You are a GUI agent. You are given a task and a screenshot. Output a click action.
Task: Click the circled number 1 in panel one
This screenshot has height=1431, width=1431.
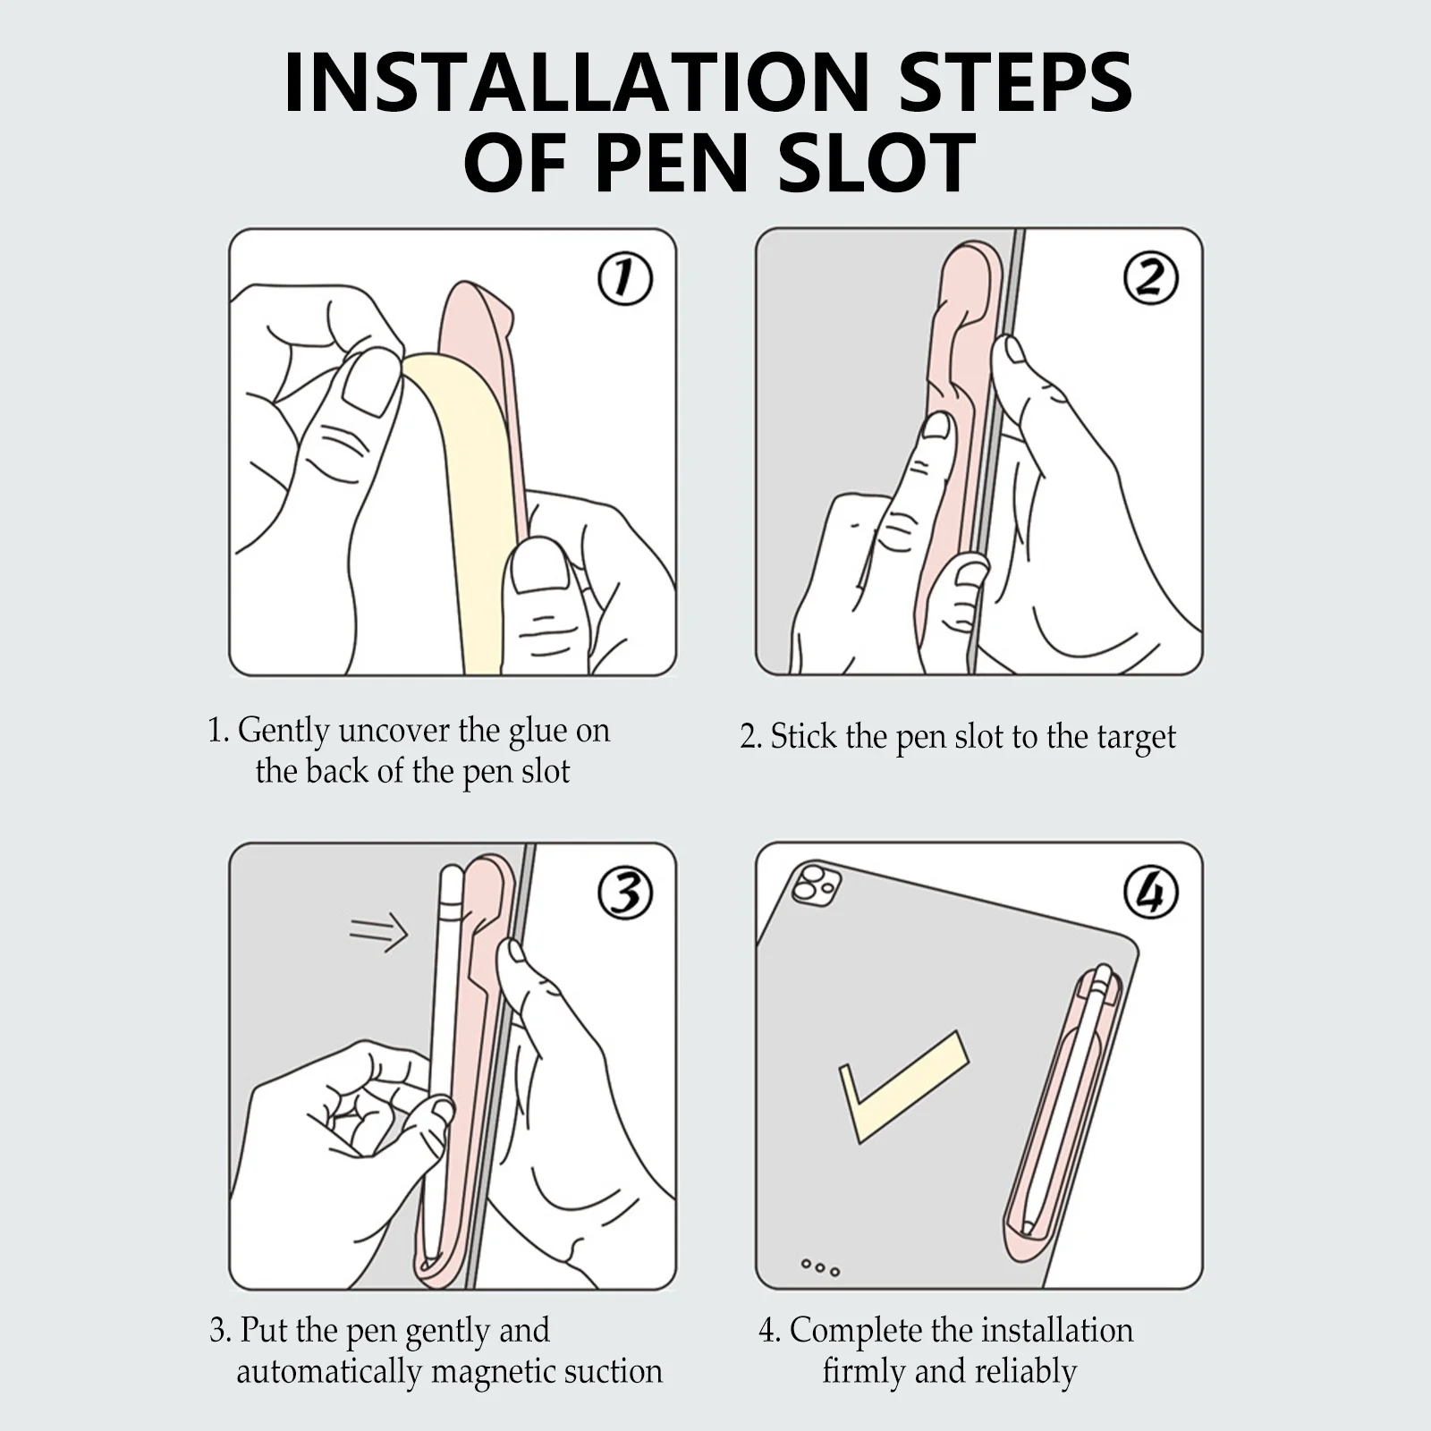click(625, 279)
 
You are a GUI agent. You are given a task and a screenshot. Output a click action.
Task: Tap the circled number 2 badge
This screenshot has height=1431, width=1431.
click(1151, 279)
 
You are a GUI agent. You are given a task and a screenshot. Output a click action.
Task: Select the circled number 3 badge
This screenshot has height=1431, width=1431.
click(625, 893)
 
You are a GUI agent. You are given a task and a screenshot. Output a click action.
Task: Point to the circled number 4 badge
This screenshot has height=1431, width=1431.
click(1151, 893)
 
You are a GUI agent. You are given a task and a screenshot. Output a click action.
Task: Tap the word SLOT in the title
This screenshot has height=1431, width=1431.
click(876, 162)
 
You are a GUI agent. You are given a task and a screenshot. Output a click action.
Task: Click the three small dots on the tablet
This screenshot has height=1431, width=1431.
click(820, 1267)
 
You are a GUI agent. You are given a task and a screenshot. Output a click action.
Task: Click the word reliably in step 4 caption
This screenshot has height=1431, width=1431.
click(1025, 1371)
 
